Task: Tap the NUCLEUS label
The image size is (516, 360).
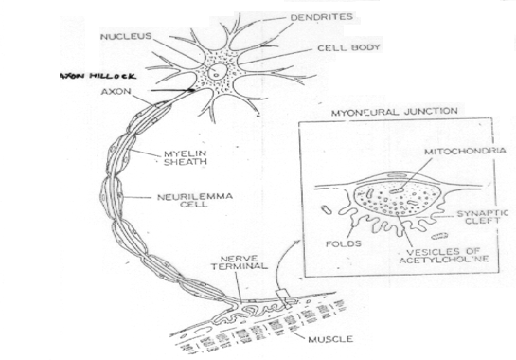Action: [125, 37]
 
